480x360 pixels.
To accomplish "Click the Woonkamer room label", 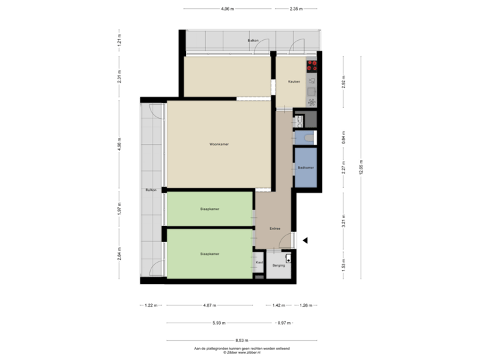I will [219, 144].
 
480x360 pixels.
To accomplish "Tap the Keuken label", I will [293, 82].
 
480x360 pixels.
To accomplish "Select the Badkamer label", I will [305, 167].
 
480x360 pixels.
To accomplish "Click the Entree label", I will [274, 229].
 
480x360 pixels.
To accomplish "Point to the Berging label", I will [278, 265].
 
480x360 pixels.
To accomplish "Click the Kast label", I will [259, 263].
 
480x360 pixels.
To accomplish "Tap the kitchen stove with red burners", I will [311, 65].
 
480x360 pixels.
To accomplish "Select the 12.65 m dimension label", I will [361, 167].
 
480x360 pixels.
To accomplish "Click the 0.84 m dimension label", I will [343, 141].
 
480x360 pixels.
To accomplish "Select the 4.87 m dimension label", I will [209, 305].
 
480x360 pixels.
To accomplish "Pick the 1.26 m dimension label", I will [305, 305].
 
